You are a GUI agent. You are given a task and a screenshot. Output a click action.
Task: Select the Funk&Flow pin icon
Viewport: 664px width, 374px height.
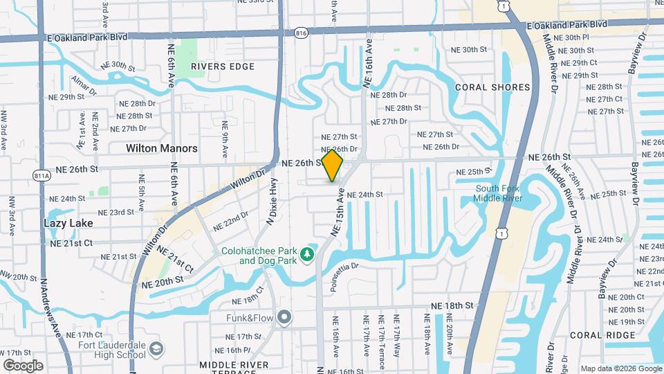pos(284,318)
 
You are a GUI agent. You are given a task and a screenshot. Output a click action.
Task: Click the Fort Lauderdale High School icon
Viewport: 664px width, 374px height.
pos(158,348)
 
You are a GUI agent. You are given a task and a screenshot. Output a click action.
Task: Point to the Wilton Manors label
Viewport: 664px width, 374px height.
pos(161,148)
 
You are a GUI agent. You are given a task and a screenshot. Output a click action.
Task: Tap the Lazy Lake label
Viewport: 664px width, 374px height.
pos(68,223)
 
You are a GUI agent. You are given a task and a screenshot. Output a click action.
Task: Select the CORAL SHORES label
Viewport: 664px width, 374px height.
pos(492,87)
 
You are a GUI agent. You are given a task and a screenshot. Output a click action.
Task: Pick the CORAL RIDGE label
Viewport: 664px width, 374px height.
pos(602,335)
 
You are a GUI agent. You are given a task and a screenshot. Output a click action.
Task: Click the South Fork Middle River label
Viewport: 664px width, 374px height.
pos(499,193)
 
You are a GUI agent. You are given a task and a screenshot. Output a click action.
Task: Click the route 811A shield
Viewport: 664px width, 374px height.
pos(42,176)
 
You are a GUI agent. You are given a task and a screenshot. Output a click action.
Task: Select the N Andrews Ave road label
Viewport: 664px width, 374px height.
pos(51,308)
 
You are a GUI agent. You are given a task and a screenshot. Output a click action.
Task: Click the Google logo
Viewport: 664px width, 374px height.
pos(23,365)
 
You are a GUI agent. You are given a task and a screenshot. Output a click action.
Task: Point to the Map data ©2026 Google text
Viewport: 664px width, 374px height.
pos(620,368)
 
